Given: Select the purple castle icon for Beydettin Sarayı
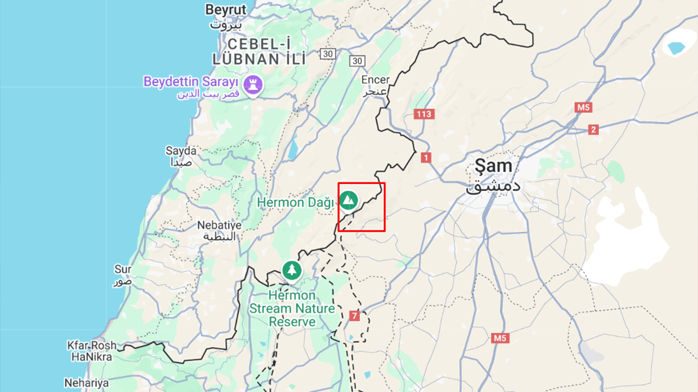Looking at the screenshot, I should click(253, 84).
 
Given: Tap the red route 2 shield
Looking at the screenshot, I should click(593, 130).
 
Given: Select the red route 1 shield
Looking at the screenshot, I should click(426, 157).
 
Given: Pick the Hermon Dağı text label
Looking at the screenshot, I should click(295, 203).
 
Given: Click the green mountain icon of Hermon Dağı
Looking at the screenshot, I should click(348, 200).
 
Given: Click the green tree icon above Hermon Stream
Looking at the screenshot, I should click(292, 270).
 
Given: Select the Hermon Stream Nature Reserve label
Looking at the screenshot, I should click(292, 309).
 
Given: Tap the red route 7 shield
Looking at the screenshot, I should click(354, 316).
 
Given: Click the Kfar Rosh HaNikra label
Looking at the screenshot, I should click(92, 351).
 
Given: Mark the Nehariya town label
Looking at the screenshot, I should click(86, 383).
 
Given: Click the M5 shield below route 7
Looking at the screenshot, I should click(500, 338).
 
